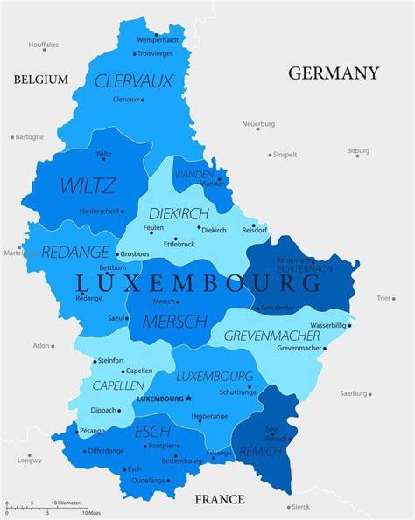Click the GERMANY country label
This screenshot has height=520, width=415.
[334, 73]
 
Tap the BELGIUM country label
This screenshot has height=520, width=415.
[40, 80]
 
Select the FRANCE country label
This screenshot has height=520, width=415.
[219, 499]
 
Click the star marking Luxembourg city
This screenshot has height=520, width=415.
[188, 399]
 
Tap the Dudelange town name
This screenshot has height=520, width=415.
[148, 480]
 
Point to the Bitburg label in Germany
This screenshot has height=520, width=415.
[358, 151]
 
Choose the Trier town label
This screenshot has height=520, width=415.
[383, 298]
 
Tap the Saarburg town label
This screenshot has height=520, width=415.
[354, 393]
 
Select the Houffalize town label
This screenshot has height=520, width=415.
[44, 44]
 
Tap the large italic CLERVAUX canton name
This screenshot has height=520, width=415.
[134, 81]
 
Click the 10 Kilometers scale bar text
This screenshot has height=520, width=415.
[67, 503]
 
